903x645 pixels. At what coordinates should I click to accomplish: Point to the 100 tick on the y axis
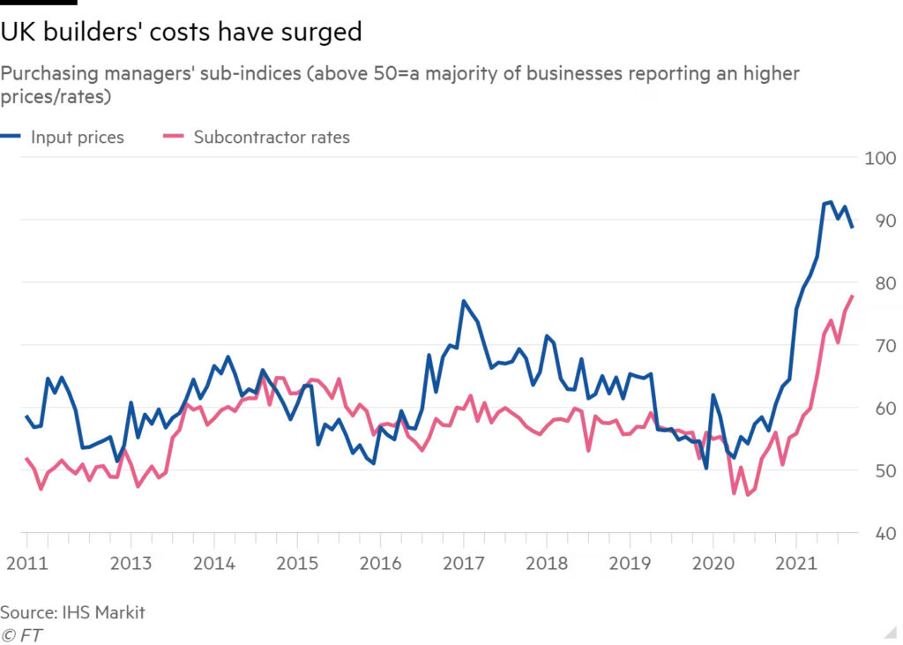[880, 158]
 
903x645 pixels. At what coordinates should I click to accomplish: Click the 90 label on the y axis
[880, 221]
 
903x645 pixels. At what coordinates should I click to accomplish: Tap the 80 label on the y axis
[880, 283]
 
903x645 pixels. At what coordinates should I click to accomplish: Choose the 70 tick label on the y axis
[880, 346]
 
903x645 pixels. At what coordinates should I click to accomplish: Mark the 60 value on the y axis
[880, 409]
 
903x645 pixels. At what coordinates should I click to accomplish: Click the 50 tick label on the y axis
[880, 471]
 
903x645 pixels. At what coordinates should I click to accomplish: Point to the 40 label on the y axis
[880, 534]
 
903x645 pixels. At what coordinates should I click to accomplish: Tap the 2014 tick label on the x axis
[213, 563]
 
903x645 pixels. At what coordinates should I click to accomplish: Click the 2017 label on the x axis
[463, 563]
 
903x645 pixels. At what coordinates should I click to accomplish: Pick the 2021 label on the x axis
[797, 563]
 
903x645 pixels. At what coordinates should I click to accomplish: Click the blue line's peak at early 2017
[463, 302]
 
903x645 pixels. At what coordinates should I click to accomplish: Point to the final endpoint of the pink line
[853, 296]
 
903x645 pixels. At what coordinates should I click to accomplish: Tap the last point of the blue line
[853, 228]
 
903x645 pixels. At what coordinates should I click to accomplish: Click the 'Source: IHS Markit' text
[72, 611]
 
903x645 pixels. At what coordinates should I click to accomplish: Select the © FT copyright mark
[22, 634]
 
